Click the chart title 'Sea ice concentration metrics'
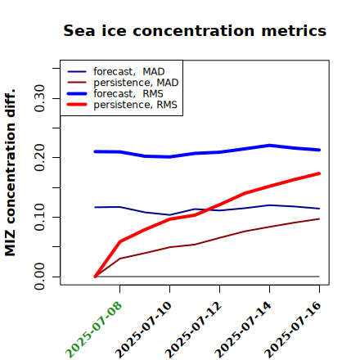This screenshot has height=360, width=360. pos(195,31)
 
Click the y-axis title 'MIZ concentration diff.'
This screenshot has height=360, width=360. pos(10,173)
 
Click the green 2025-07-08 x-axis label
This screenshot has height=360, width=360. pos(93,330)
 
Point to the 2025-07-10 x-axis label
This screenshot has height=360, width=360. pos(143,330)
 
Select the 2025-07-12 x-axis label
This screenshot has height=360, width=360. pos(193,330)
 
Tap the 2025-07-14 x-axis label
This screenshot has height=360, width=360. pos(243,330)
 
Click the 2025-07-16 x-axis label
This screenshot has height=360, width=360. pos(293,330)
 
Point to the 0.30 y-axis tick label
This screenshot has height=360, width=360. pos(39,98)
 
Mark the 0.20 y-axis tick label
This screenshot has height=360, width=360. pos(39,157)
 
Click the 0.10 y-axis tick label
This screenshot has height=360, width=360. pos(39,217)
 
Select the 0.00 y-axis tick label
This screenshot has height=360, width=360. pos(39,277)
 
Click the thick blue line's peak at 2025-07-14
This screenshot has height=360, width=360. pos(269,146)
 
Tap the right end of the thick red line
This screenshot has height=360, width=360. pos(319,173)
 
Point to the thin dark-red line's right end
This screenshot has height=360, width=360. pos(319,218)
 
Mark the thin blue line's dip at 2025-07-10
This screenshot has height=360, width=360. pos(169,215)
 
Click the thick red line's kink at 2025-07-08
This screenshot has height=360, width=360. pos(120,241)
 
